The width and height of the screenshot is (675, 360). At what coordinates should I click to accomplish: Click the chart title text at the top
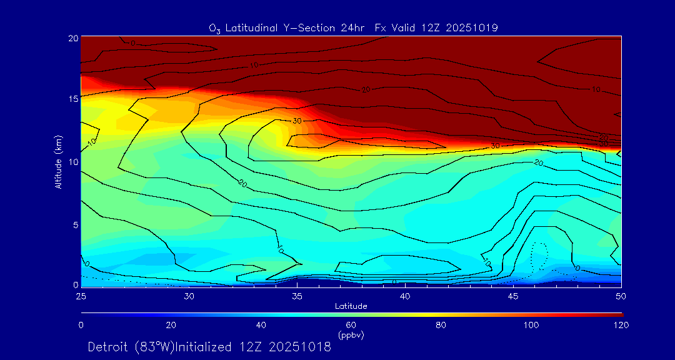tap(353, 28)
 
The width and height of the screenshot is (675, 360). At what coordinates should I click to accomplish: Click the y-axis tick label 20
tap(72, 37)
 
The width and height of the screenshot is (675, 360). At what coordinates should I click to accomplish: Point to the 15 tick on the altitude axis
tap(72, 99)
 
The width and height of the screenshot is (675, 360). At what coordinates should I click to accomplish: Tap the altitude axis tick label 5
tap(74, 224)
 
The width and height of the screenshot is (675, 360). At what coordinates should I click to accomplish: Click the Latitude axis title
tap(351, 306)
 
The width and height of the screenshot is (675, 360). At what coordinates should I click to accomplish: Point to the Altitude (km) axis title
tap(58, 162)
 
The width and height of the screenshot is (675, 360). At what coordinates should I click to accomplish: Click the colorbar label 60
tap(351, 325)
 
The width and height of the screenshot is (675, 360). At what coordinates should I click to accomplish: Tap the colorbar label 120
tap(621, 325)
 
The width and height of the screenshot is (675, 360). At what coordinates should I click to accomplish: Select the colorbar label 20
tap(171, 325)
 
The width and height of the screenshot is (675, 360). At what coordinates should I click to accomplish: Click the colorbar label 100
tap(531, 325)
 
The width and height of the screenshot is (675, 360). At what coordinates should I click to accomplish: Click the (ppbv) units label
tap(351, 335)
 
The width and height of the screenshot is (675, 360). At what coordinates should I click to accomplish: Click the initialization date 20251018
tap(299, 347)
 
